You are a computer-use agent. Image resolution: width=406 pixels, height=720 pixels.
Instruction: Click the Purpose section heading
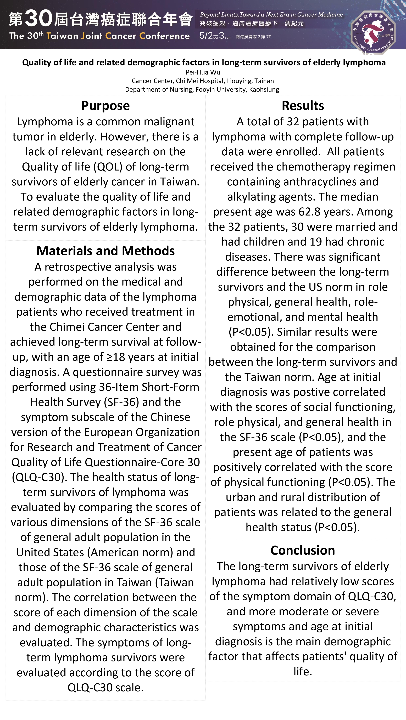[x=105, y=106]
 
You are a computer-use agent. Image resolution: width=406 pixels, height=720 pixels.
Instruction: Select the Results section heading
[x=303, y=106]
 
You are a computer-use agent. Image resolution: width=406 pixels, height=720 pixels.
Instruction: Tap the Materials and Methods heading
[x=105, y=251]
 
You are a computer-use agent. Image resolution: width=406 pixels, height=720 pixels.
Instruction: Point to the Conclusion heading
[x=303, y=550]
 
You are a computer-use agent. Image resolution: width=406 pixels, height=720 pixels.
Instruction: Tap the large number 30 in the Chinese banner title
[x=39, y=18]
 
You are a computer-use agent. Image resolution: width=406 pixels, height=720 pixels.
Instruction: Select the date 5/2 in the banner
[x=206, y=36]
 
